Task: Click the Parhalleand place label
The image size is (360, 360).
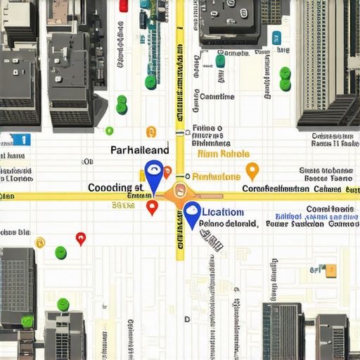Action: tap(140, 150)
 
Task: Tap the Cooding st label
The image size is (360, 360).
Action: tap(116, 188)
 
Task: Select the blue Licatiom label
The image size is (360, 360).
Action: tap(223, 212)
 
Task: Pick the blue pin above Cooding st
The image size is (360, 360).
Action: tap(153, 173)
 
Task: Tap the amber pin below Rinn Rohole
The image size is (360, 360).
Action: tap(252, 170)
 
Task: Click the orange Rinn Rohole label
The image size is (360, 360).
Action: tap(224, 154)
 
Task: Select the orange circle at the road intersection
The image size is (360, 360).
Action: tap(179, 190)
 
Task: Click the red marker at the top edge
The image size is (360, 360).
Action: tap(124, 6)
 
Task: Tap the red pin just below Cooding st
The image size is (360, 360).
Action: tap(152, 207)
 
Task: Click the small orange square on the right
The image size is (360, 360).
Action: tap(331, 270)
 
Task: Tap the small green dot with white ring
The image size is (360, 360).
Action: tap(109, 130)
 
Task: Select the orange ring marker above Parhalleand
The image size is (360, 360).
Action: tap(150, 131)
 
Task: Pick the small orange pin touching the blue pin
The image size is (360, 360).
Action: tap(167, 172)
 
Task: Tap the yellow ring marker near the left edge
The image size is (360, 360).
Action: tap(40, 243)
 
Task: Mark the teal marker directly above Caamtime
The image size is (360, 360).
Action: tap(220, 61)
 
